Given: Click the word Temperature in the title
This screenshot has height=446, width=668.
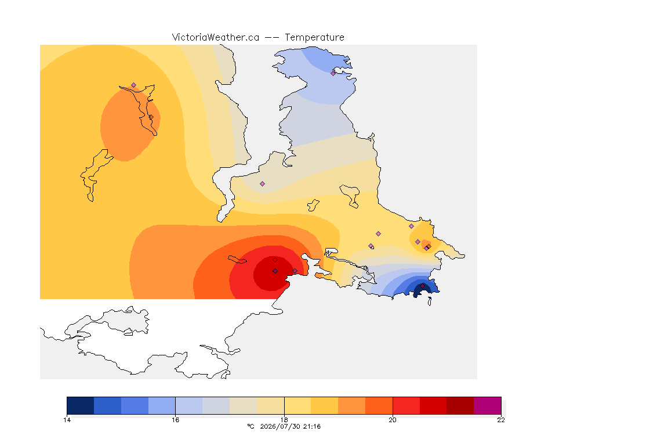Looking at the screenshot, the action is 314,38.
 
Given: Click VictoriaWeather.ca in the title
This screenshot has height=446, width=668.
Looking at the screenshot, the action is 216,38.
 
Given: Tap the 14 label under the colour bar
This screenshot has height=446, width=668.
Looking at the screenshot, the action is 67,420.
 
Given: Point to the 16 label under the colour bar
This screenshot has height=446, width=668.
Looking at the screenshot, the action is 176,420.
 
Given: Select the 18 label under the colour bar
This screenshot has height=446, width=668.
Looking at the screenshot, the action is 284,420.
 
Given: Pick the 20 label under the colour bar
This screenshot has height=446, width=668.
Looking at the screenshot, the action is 393,420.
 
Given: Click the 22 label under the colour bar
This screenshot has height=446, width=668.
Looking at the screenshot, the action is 501,420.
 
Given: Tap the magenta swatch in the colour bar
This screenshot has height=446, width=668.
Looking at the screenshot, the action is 487,405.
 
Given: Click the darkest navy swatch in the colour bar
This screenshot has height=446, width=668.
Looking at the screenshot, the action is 81,405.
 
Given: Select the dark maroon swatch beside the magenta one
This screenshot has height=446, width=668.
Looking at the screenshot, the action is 460,405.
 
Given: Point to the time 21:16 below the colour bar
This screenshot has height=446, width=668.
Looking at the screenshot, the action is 312,426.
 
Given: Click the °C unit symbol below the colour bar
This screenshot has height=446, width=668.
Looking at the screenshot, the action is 251,426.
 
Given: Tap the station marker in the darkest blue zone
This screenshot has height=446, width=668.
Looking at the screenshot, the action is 423,286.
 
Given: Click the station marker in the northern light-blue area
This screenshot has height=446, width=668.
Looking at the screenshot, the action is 333,73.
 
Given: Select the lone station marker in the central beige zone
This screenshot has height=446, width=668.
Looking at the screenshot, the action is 263,184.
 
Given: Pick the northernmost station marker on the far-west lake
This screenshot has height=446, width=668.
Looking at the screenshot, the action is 134,85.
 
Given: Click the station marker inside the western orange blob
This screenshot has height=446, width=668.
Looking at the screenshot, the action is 151,117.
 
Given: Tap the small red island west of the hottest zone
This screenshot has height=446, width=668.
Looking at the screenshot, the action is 237,260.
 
